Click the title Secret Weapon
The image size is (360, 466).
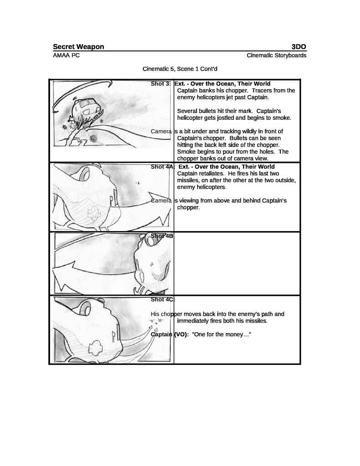click(x=78, y=46)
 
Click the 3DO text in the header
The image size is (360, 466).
click(x=299, y=46)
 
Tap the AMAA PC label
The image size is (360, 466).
click(x=66, y=56)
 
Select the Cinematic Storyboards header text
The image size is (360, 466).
click(x=276, y=56)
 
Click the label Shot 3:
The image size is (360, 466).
click(x=161, y=84)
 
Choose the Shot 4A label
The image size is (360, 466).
click(x=162, y=167)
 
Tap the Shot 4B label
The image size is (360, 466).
click(x=162, y=236)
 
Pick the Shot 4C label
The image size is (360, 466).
click(x=162, y=299)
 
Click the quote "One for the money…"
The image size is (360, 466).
click(x=222, y=334)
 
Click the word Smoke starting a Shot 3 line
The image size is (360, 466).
click(x=185, y=152)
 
